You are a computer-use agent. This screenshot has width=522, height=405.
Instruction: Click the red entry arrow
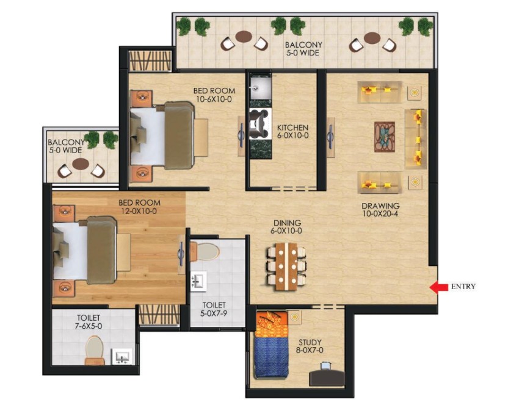(438, 287)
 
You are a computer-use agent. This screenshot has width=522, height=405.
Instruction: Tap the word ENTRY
(463, 286)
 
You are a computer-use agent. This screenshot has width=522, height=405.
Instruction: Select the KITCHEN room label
(292, 127)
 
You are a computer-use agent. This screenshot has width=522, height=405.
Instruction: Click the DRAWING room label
(380, 206)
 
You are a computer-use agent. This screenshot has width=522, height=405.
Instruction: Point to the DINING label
(287, 223)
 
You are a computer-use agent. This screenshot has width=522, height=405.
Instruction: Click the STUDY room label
(310, 342)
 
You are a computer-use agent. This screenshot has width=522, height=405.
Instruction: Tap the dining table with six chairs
(286, 267)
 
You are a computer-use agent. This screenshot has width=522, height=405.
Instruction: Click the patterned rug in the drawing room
(385, 137)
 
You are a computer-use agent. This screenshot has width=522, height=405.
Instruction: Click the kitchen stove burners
(259, 124)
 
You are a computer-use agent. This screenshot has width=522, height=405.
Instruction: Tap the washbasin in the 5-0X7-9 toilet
(198, 281)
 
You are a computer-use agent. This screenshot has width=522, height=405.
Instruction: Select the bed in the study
(271, 345)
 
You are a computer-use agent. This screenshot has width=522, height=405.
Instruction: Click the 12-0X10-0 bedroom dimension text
(139, 211)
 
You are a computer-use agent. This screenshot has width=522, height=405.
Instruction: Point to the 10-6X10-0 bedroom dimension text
(214, 99)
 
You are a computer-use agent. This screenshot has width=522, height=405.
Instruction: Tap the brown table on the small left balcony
(81, 163)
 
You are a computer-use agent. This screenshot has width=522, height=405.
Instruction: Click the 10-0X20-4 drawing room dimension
(380, 214)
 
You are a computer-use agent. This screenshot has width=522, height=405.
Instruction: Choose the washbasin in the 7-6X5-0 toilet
(121, 356)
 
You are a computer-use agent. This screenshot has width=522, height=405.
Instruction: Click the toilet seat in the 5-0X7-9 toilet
(205, 251)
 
